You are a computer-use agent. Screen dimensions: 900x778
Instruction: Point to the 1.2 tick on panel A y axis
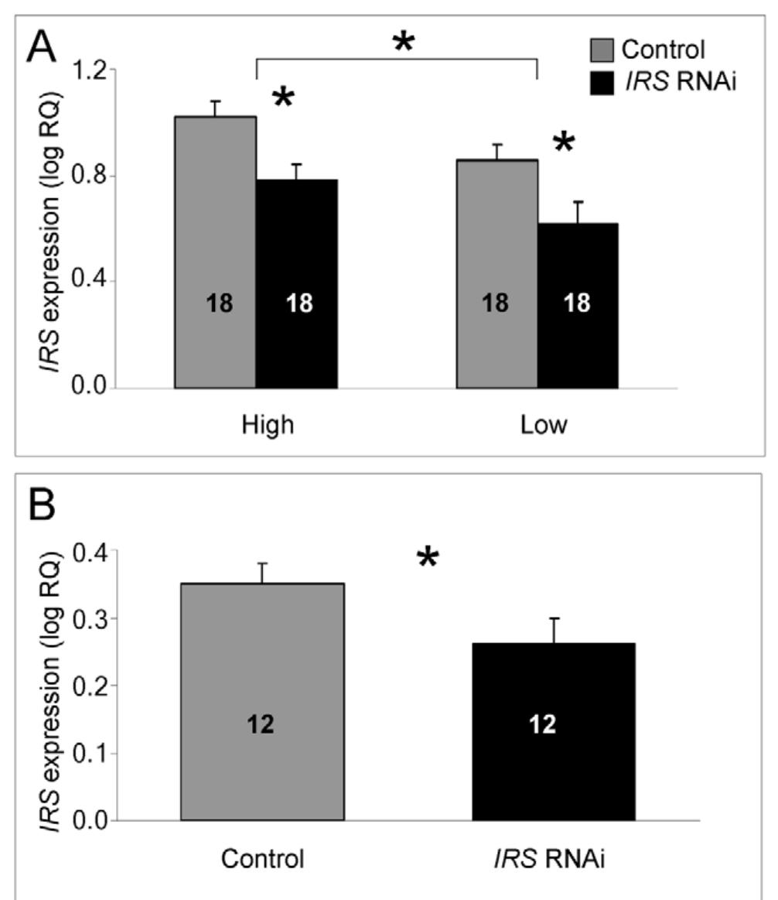tap(90, 70)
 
